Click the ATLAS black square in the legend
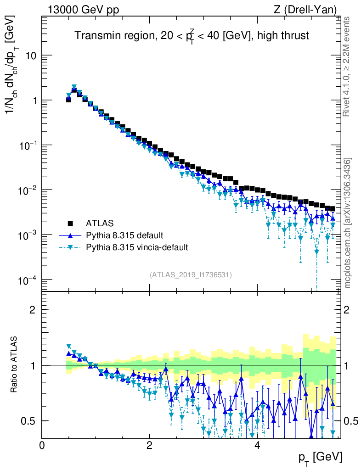coord(71,224)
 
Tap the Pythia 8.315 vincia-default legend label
coord(137,247)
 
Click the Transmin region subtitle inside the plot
coord(192,36)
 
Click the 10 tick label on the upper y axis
coord(30,56)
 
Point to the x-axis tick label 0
coord(42,446)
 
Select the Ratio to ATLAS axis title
coord(14,364)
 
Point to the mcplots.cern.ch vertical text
coord(348,223)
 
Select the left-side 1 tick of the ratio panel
coord(32,365)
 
